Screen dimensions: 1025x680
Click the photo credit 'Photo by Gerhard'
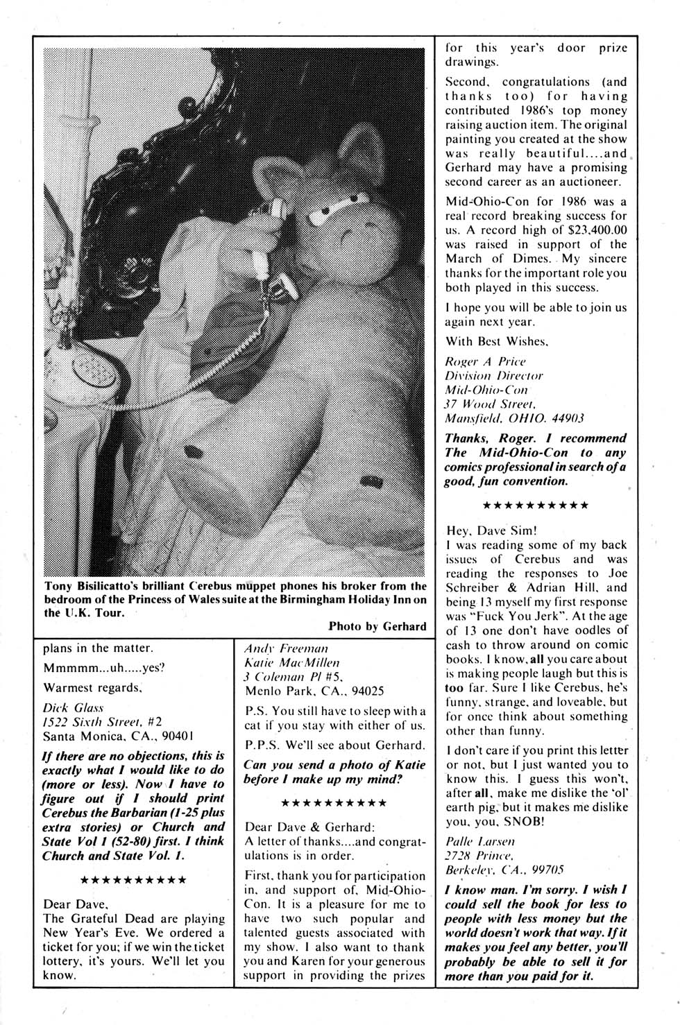(377, 626)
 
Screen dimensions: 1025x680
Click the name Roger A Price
(485, 361)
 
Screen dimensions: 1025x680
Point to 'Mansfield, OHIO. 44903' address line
(514, 418)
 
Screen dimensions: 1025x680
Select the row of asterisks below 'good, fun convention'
(535, 504)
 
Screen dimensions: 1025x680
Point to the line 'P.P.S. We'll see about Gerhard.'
(335, 745)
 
